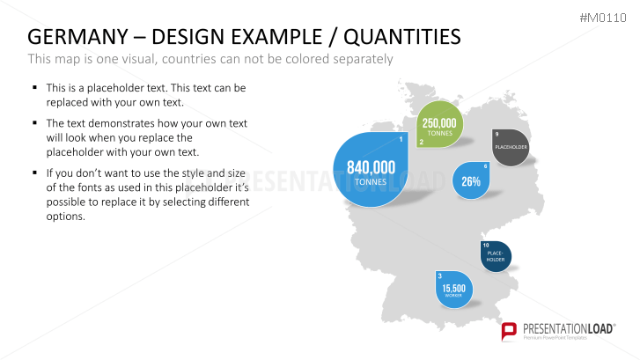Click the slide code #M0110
pos(603,18)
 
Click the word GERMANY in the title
pos(78,37)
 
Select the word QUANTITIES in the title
pos(402,37)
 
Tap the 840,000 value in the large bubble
pos(371,167)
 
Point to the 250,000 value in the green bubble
pos(439,123)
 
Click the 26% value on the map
pos(471,181)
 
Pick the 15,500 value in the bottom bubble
pos(454,288)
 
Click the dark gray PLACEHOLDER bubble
pos(511,147)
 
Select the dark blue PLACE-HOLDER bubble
pos(496,256)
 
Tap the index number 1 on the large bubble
pos(401,139)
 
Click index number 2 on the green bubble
pos(422,142)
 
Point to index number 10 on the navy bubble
pos(486,246)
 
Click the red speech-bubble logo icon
pos(509,331)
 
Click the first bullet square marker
pos(35,87)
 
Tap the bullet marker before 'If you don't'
pos(35,173)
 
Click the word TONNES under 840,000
pos(371,182)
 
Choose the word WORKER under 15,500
pos(453,296)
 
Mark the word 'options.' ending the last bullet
pos(66,217)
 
